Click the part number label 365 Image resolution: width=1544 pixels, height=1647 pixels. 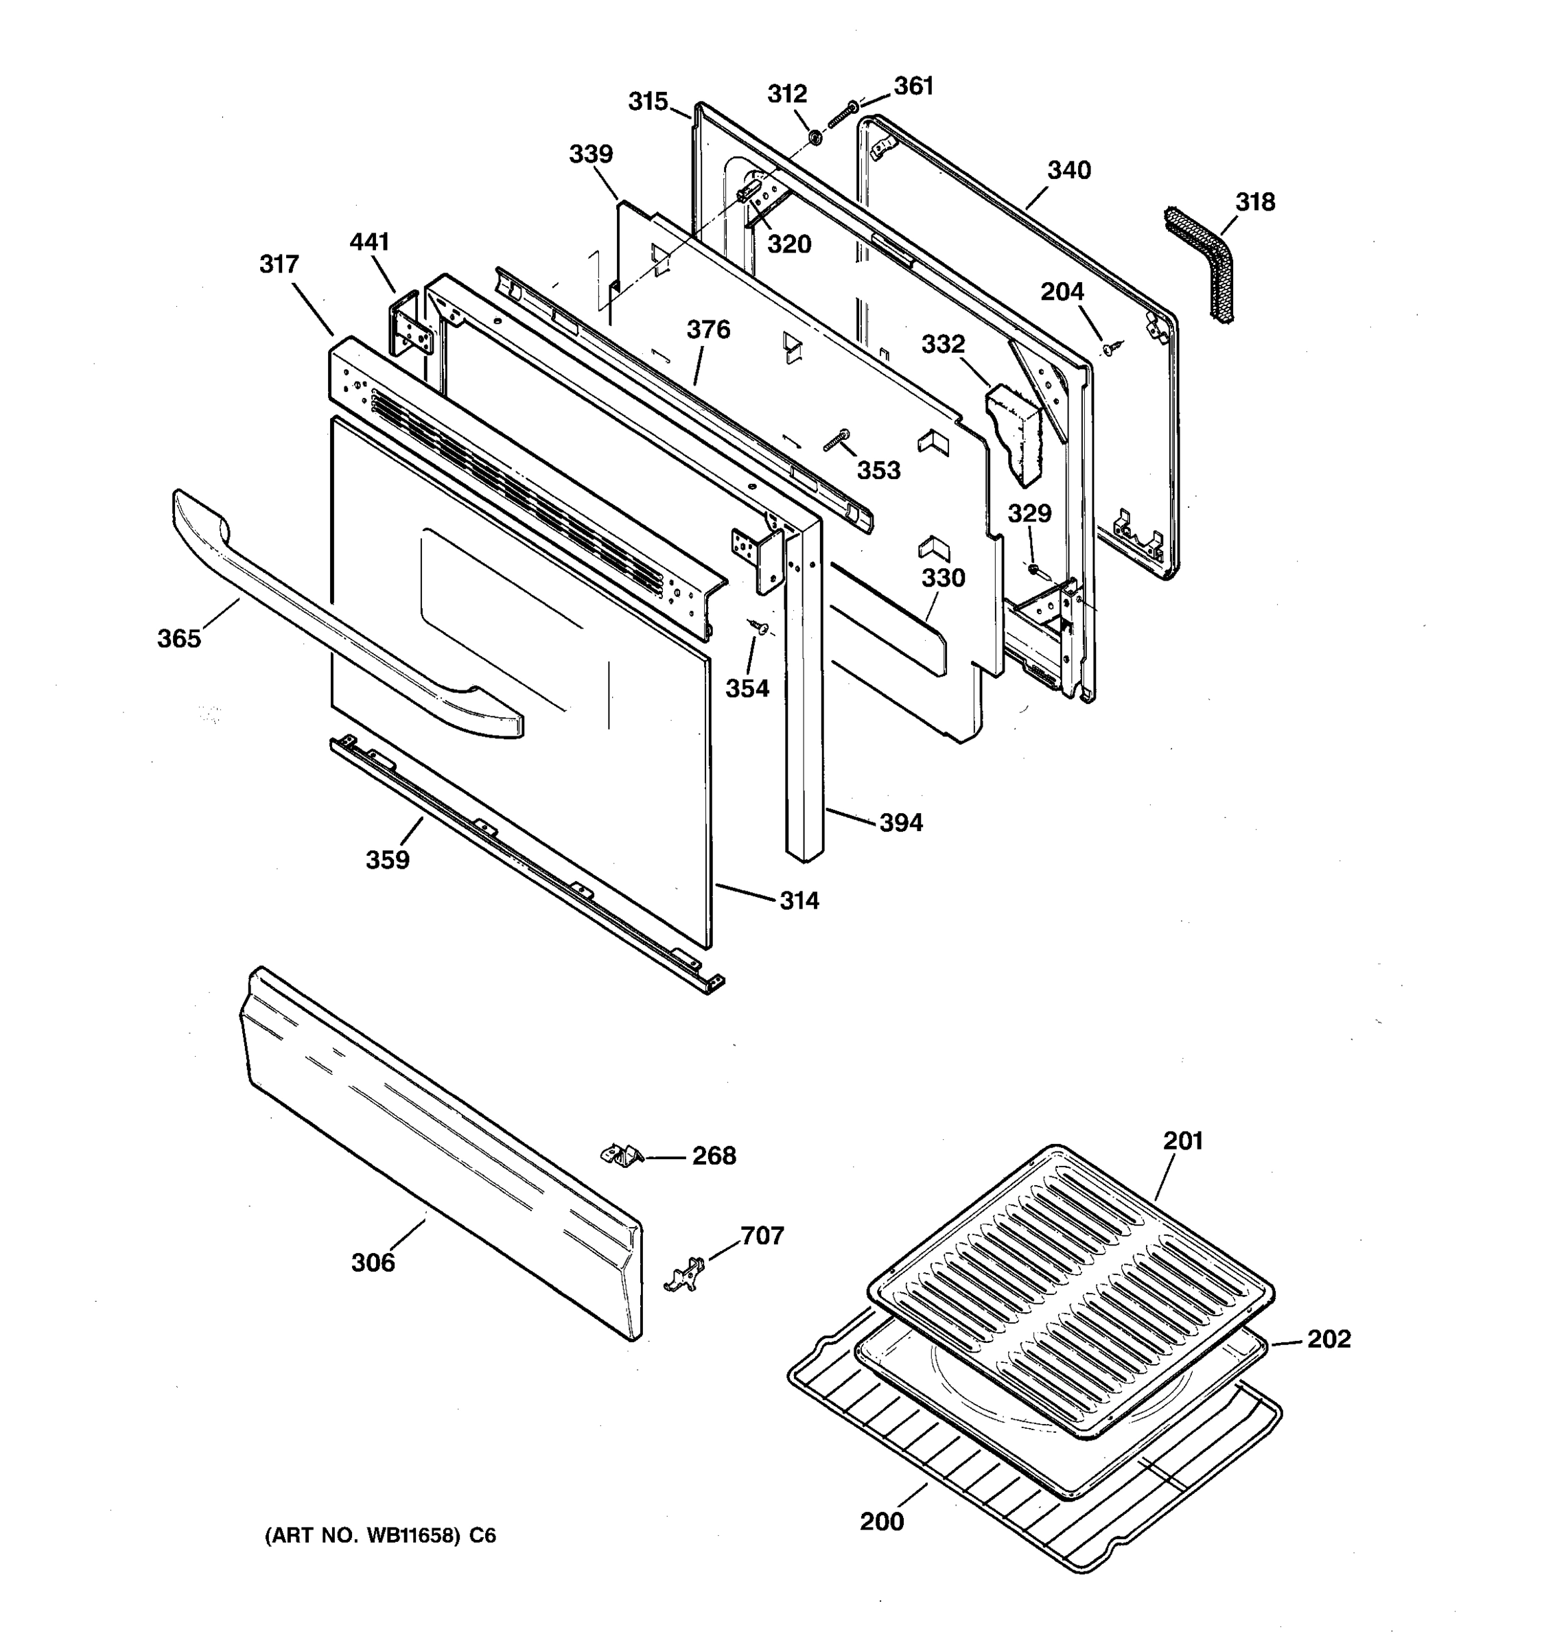(x=179, y=639)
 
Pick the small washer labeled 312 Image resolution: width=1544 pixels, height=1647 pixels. (x=815, y=136)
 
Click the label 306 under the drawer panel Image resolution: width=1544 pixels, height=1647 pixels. (x=373, y=1263)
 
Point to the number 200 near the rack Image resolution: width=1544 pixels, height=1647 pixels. (x=881, y=1521)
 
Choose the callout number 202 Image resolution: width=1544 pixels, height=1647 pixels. (x=1329, y=1339)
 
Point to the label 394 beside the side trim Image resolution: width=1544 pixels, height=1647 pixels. (x=900, y=823)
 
